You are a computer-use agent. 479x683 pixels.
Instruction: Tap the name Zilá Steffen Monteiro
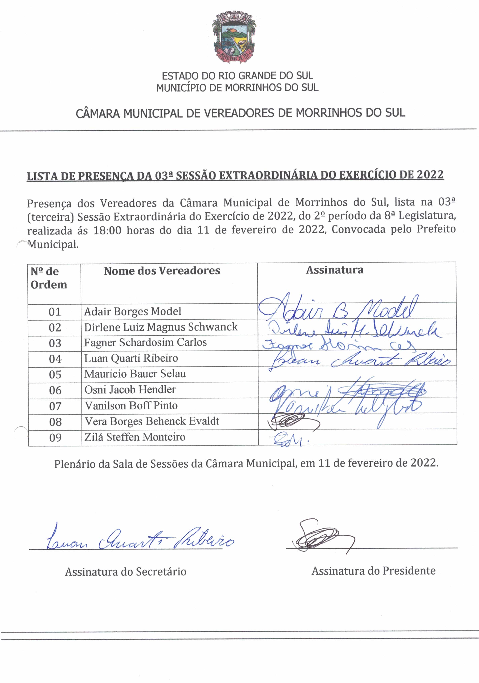pos(135,437)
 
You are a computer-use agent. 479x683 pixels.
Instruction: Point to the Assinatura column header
pos(335,270)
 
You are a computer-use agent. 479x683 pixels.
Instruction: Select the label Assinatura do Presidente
pos(373,571)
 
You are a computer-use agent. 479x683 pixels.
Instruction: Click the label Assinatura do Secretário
pos(126,572)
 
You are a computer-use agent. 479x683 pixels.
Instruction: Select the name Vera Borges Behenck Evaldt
pos(152,421)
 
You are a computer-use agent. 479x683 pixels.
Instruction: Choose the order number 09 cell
pos(55,438)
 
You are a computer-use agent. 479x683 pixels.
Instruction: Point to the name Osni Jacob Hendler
pos(130,390)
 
